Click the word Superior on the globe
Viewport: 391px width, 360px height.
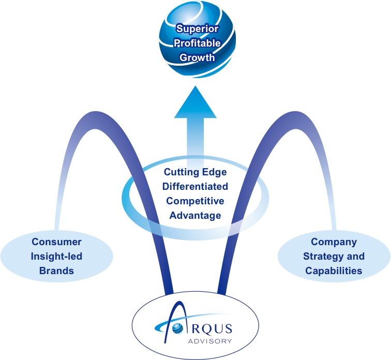pyautogui.click(x=197, y=29)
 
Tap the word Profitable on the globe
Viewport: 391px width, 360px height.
pyautogui.click(x=197, y=43)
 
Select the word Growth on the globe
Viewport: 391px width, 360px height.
pyautogui.click(x=197, y=57)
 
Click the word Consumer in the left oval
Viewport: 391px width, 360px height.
pyautogui.click(x=56, y=242)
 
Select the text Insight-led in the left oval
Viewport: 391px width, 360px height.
pyautogui.click(x=56, y=256)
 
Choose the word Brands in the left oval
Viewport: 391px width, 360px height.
pyautogui.click(x=56, y=271)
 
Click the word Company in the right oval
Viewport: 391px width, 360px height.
pyautogui.click(x=334, y=242)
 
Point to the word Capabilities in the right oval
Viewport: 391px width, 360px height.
pyautogui.click(x=334, y=271)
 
